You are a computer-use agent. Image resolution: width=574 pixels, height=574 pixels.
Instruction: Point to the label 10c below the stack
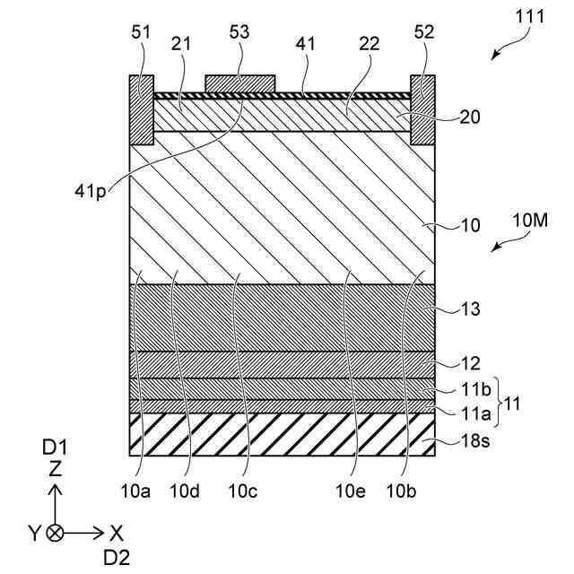(x=243, y=490)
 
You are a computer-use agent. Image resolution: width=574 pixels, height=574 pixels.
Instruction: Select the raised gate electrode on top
(x=239, y=83)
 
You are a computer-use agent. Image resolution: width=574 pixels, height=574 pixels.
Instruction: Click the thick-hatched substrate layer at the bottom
(x=283, y=434)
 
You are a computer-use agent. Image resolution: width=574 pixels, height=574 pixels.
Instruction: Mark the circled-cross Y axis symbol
(x=56, y=532)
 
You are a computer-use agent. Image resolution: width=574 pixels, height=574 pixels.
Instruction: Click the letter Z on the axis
(x=55, y=467)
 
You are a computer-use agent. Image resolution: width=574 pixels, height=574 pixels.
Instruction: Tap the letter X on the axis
(x=116, y=532)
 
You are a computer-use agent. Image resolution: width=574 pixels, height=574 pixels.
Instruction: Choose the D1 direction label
(x=55, y=446)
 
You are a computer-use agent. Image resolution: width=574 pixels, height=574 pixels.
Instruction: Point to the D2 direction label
(x=116, y=557)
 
